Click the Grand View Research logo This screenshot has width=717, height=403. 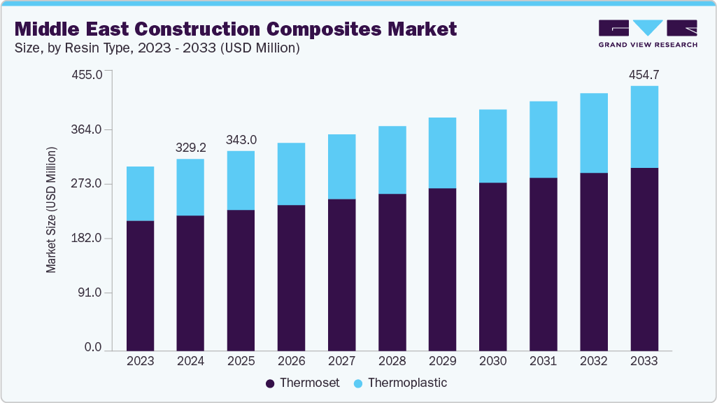point(648,33)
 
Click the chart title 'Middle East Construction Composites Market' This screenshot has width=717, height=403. point(236,29)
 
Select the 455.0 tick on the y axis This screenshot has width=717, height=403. point(88,75)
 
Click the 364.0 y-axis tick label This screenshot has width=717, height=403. point(88,129)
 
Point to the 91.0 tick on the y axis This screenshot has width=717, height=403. point(91,292)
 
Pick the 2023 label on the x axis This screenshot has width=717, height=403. point(140,361)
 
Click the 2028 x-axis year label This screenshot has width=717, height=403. point(392,361)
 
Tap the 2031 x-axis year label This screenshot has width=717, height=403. point(543,361)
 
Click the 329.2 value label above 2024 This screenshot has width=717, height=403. point(190,148)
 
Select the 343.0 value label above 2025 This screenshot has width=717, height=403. point(241,140)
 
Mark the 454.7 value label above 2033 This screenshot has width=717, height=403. point(644,75)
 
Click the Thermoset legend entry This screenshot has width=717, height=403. point(302,383)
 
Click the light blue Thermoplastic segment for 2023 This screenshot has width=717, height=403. point(140,194)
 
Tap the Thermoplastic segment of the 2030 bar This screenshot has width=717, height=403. point(492,146)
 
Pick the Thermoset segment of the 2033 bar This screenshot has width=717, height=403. point(644,259)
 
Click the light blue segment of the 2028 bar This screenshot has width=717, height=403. point(392,160)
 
